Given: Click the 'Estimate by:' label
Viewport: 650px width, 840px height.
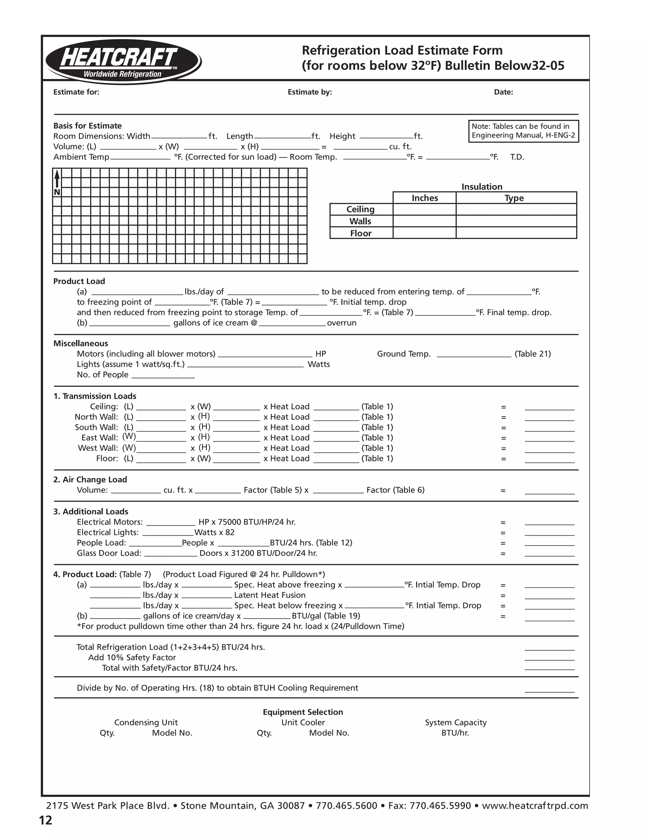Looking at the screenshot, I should [x=309, y=92].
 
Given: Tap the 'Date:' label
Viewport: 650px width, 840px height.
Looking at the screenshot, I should [x=503, y=92].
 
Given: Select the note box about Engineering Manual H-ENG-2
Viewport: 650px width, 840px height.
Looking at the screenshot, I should [x=523, y=131].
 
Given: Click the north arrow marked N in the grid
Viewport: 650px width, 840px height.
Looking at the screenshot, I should [x=57, y=183].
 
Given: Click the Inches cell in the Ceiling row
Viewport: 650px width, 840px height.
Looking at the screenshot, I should [x=424, y=209].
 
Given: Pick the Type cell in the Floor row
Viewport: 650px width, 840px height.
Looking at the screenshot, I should [x=516, y=233].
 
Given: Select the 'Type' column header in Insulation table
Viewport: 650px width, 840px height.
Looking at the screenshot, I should [x=514, y=198].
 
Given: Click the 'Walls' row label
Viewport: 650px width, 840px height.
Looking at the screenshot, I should [x=361, y=221].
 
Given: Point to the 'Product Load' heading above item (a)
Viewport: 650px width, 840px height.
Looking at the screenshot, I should [x=79, y=281].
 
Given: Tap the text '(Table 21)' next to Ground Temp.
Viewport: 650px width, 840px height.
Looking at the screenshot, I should [x=533, y=354].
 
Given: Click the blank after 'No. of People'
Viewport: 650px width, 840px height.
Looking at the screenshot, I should [x=163, y=375].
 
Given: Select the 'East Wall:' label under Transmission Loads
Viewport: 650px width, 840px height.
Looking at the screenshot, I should [x=100, y=438].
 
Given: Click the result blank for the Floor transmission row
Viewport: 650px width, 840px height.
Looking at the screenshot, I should [x=549, y=459].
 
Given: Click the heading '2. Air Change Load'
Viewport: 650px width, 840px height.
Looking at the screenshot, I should [x=90, y=480].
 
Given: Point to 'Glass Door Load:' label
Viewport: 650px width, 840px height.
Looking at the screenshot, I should [x=109, y=553].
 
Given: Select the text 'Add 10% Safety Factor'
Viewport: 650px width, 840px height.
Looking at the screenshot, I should [x=132, y=657].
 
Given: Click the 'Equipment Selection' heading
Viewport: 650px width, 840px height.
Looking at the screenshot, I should [x=303, y=712].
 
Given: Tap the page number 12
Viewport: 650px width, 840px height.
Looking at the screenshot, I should [x=45, y=820].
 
